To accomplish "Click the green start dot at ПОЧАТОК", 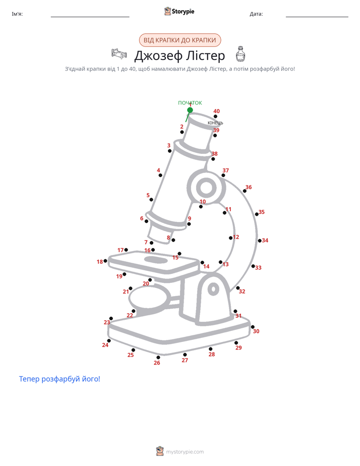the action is click(x=190, y=110).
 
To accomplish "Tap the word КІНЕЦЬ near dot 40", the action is click(x=215, y=123).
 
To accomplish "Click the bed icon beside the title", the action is click(x=119, y=53).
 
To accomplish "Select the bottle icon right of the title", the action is click(x=241, y=54).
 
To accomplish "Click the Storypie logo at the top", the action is click(x=179, y=11).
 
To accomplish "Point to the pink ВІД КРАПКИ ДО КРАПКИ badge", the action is click(x=180, y=40).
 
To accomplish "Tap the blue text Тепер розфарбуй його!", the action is click(x=59, y=379).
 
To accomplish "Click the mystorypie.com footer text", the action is click(x=185, y=452).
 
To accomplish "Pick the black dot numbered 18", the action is click(x=105, y=261).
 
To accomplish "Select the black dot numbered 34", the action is click(x=260, y=241).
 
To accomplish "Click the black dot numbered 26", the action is click(x=158, y=357).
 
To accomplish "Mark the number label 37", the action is click(x=226, y=170).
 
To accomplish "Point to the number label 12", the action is click(x=236, y=237).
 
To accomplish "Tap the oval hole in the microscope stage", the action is click(x=156, y=260).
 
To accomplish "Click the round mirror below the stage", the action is click(x=149, y=297).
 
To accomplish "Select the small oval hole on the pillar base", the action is click(x=213, y=289).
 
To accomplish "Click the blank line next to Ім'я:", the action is click(x=90, y=17).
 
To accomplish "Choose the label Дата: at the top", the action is click(x=256, y=14).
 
